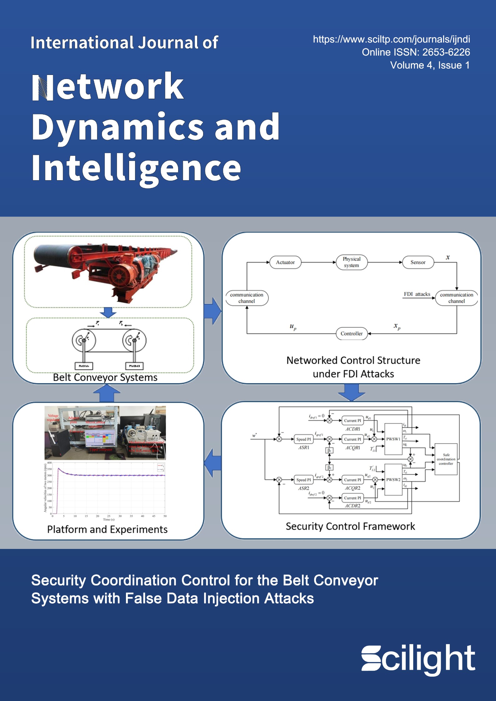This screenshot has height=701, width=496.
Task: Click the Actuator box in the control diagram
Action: pos(285,262)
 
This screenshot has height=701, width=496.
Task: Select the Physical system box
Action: pos(351,262)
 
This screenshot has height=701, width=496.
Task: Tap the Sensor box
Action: pos(418,262)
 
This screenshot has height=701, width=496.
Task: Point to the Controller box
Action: pos(352,333)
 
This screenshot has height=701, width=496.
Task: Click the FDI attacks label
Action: pos(417,294)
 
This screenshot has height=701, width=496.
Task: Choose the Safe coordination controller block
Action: pos(446,459)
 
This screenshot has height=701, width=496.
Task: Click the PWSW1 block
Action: pos(393,439)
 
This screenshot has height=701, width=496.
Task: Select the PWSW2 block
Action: pos(393,480)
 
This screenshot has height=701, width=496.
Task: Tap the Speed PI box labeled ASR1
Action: pos(303,439)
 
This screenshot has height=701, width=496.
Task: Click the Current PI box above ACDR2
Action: pos(352,498)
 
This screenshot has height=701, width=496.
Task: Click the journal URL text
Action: pos(391,39)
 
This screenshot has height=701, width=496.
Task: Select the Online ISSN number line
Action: pos(416,52)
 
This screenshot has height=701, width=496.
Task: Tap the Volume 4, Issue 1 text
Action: pos(430,65)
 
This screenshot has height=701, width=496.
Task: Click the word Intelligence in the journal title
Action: pos(136,169)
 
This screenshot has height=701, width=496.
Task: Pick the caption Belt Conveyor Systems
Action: pos(105,378)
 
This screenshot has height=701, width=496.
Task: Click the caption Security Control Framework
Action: pos(350,526)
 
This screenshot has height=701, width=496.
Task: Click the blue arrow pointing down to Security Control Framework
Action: pos(352,392)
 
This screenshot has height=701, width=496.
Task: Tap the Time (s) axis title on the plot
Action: pos(109,520)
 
